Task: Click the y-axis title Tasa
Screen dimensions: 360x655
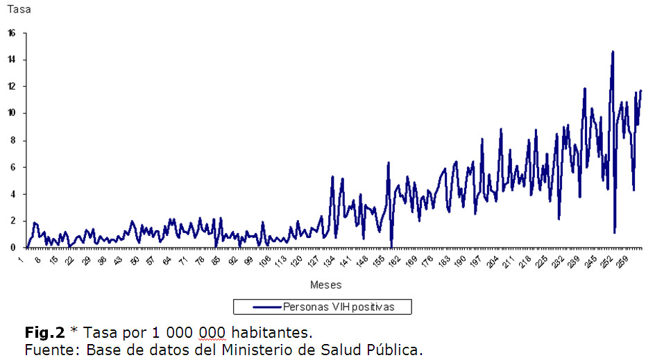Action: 19,10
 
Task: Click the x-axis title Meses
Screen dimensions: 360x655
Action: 325,284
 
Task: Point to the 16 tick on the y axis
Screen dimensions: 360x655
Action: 12,33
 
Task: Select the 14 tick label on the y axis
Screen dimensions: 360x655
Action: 12,60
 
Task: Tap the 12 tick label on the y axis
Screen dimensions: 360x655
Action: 12,87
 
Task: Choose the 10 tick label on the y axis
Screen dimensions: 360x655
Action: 12,113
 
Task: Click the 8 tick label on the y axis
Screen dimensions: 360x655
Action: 13,140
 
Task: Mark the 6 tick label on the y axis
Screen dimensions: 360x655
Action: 13,167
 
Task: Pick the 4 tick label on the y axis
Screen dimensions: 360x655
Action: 13,194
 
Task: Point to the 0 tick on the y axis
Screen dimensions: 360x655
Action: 13,248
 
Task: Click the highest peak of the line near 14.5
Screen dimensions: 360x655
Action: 613,51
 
